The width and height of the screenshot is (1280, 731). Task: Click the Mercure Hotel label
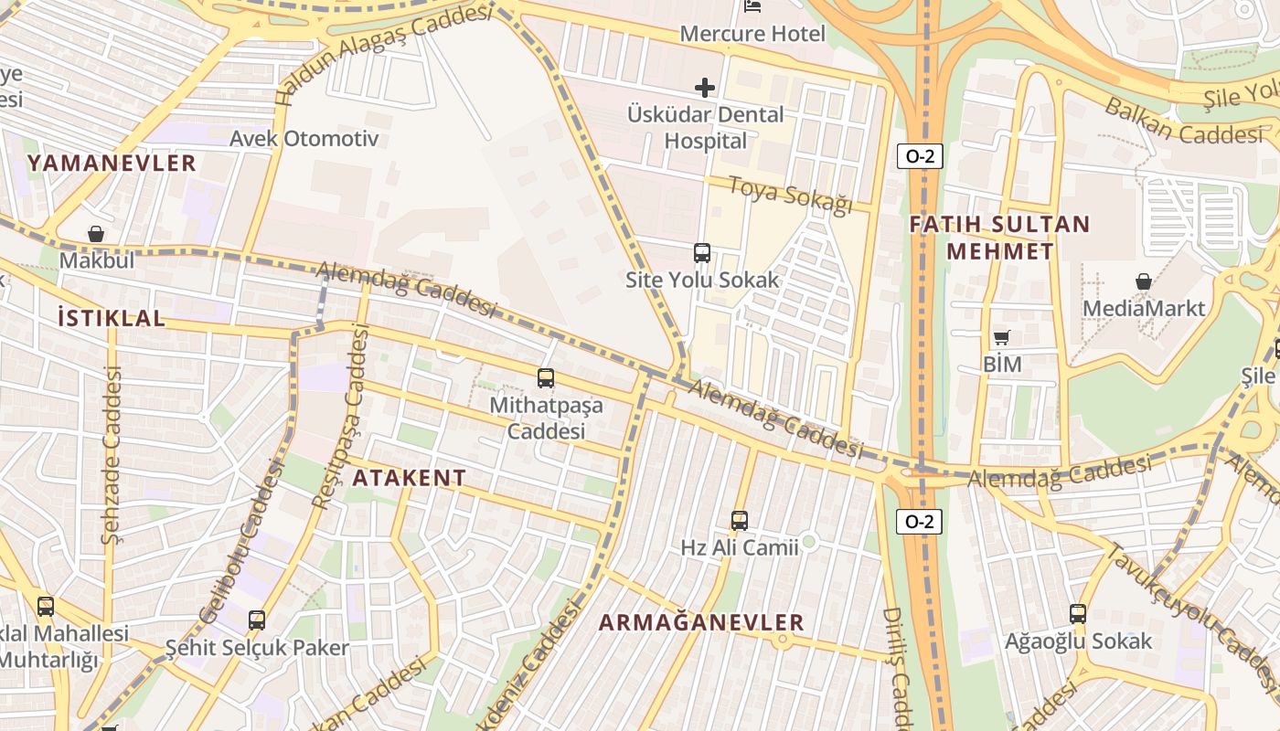point(752,34)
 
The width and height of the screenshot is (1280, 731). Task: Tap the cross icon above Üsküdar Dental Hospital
point(705,88)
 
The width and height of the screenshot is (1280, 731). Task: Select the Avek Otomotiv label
point(304,139)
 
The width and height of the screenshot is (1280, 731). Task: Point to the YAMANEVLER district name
point(112,164)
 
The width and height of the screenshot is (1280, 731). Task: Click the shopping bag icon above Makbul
point(96,235)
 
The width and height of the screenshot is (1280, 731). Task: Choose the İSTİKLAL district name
point(112,318)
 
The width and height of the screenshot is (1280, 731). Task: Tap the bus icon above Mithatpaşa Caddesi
point(546,377)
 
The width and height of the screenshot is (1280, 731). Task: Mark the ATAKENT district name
point(410,478)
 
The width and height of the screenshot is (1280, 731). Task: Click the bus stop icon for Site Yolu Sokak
point(702,253)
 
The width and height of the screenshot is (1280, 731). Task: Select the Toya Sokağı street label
point(790,193)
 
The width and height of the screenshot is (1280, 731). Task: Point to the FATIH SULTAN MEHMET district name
point(999,238)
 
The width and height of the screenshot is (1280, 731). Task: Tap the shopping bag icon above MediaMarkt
point(1143,281)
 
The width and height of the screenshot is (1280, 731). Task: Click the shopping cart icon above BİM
point(1002,338)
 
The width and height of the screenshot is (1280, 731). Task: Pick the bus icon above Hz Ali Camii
point(739,521)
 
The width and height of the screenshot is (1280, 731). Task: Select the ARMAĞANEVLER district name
point(701,622)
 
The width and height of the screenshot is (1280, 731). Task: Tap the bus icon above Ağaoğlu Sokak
point(1078,614)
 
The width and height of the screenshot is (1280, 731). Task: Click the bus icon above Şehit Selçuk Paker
point(257,620)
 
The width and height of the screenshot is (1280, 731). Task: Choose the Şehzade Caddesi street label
point(112,454)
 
